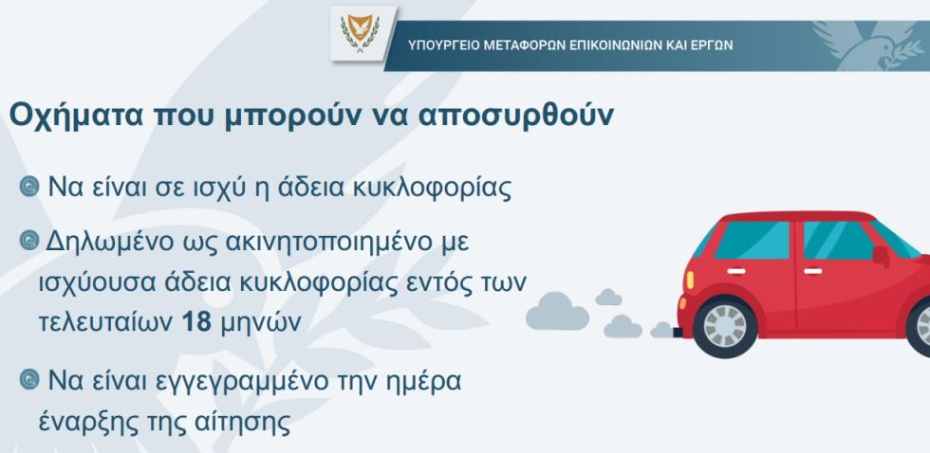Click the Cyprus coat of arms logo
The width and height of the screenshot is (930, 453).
click(x=360, y=32)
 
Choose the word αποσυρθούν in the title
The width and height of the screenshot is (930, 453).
click(x=514, y=117)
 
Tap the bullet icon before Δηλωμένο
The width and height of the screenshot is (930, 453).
click(x=29, y=241)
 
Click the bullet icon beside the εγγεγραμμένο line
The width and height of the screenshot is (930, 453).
click(x=29, y=380)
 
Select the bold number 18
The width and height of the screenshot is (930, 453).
click(x=196, y=322)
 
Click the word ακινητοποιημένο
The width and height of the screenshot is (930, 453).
click(x=322, y=244)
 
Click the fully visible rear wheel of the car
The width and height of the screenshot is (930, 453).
click(x=725, y=326)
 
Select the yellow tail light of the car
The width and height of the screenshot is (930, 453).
click(x=690, y=280)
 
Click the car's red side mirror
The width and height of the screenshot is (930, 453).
click(x=881, y=255)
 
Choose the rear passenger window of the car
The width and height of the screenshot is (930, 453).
click(x=753, y=240)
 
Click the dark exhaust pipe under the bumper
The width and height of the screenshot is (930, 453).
click(x=678, y=333)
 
